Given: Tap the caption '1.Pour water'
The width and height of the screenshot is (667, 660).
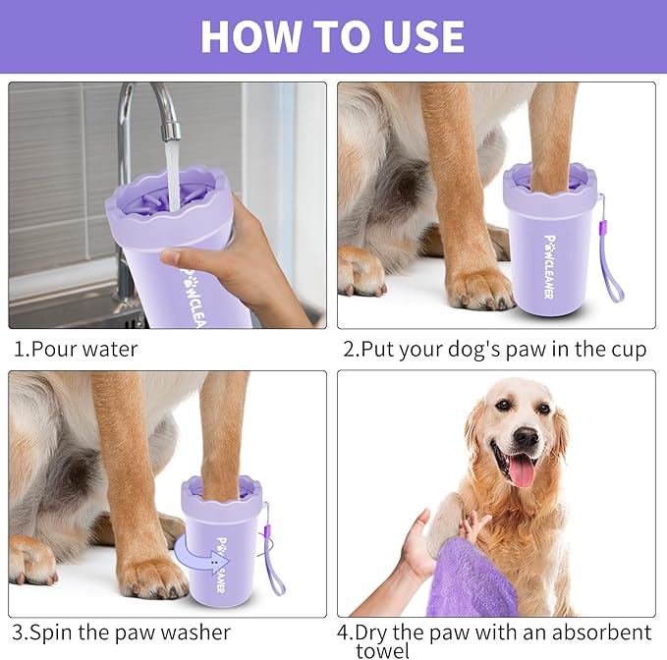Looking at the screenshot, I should [x=76, y=349].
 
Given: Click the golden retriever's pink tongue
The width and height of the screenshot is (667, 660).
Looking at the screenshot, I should [x=521, y=470].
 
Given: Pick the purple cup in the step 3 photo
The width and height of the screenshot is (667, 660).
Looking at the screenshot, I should [x=222, y=545].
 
